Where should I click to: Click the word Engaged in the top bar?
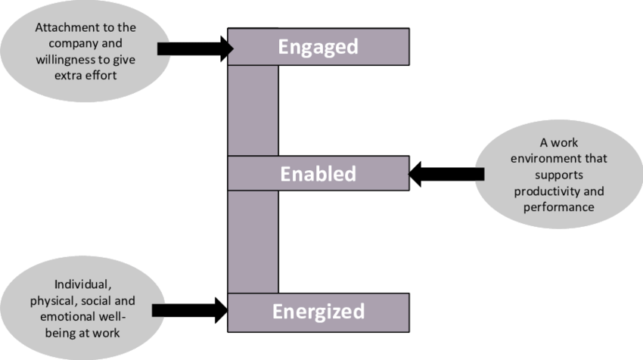[318, 47]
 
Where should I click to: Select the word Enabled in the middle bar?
[318, 174]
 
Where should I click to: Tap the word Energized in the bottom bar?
[318, 311]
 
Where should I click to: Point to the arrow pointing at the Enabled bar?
[446, 175]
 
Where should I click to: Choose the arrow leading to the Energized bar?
[189, 310]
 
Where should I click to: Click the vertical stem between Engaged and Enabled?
[253, 110]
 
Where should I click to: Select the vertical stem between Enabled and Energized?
[253, 241]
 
